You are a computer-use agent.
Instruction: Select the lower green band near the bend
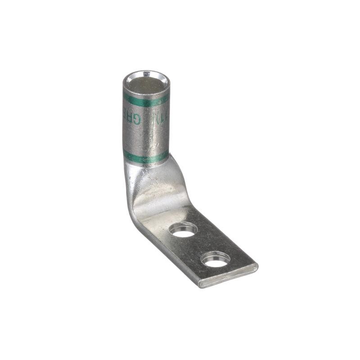click(146, 157)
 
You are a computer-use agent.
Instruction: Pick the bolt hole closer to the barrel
click(183, 230)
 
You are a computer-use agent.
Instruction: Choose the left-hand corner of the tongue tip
click(199, 284)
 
